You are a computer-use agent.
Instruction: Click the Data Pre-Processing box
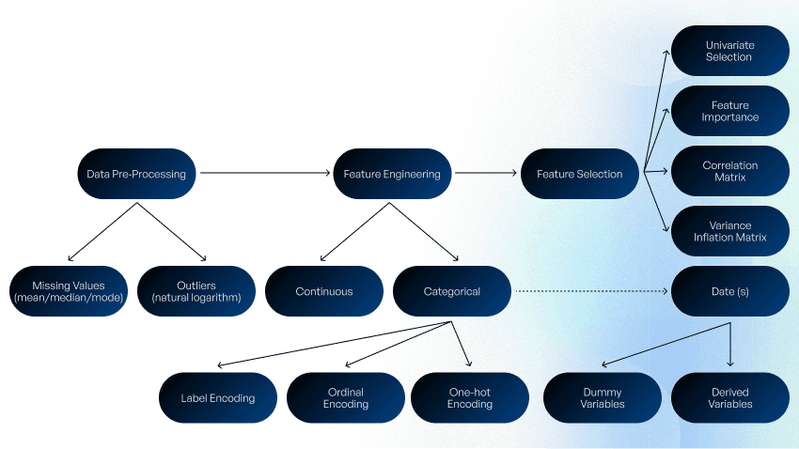pyautogui.click(x=136, y=174)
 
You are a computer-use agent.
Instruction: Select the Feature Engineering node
pyautogui.click(x=392, y=174)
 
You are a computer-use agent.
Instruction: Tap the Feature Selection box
pyautogui.click(x=579, y=174)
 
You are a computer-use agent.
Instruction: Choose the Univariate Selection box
pyautogui.click(x=729, y=51)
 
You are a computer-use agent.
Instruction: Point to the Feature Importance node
pyautogui.click(x=729, y=111)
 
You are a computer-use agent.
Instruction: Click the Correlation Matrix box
pyautogui.click(x=729, y=171)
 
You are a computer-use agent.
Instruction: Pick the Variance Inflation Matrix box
pyautogui.click(x=729, y=231)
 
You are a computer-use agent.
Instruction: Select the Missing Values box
pyautogui.click(x=68, y=291)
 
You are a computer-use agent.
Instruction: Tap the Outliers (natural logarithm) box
pyautogui.click(x=196, y=291)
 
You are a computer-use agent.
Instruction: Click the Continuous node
pyautogui.click(x=323, y=291)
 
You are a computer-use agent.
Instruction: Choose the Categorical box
pyautogui.click(x=451, y=291)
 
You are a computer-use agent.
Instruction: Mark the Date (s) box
pyautogui.click(x=729, y=291)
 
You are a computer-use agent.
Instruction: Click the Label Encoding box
pyautogui.click(x=217, y=398)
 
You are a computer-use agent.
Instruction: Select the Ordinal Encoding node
pyautogui.click(x=345, y=398)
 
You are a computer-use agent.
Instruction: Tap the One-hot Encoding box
pyautogui.click(x=469, y=398)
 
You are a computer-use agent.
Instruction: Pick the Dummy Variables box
pyautogui.click(x=602, y=398)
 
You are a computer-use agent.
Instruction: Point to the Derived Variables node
pyautogui.click(x=729, y=398)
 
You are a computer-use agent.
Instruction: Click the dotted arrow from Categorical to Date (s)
pyautogui.click(x=590, y=291)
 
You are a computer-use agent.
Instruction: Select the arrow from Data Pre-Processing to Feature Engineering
pyautogui.click(x=263, y=174)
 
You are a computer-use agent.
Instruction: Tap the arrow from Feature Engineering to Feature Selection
pyautogui.click(x=485, y=174)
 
